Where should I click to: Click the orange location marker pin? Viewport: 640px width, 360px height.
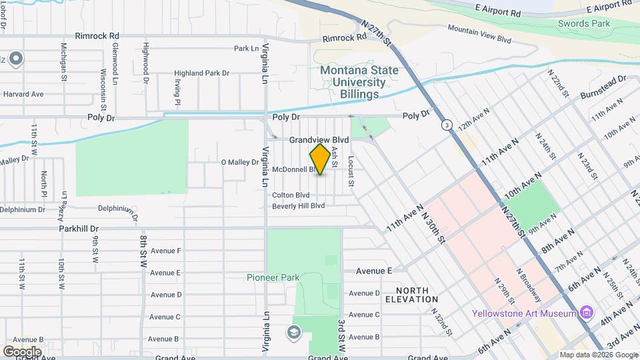320,159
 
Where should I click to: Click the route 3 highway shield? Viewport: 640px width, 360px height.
444,125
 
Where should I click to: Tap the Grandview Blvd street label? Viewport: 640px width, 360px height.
319,140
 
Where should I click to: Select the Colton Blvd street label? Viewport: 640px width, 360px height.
291,195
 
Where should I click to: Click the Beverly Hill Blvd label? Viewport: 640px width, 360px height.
298,206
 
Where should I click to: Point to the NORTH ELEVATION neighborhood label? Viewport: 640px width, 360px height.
417,295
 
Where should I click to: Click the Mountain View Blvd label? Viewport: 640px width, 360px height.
479,33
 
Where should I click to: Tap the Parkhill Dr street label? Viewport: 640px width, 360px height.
78,227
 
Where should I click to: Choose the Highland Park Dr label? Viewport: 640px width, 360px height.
201,73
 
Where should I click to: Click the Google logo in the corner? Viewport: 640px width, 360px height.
22,351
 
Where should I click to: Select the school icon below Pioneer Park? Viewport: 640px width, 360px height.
293,332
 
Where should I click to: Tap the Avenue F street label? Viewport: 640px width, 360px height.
165,251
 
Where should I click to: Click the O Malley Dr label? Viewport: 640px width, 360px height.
239,162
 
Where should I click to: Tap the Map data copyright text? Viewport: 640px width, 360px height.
598,355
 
